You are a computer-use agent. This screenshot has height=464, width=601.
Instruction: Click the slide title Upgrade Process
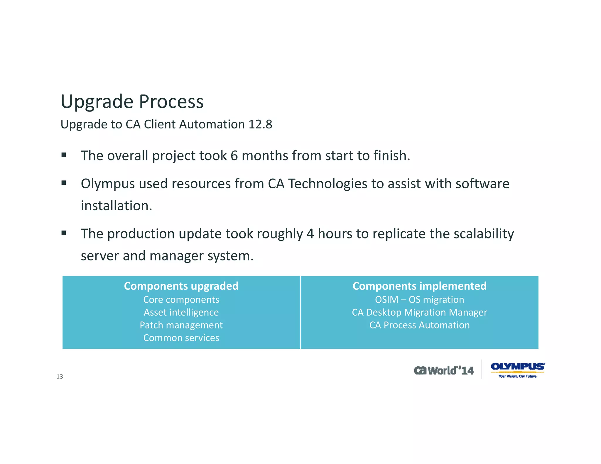(132, 102)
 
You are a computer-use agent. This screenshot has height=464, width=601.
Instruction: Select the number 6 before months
(234, 156)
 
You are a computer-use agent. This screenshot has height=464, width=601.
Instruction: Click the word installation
(116, 206)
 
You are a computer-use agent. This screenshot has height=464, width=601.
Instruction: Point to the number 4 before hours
(310, 234)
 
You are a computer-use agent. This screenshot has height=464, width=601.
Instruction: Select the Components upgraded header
(181, 286)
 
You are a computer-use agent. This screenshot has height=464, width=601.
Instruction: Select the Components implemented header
(419, 286)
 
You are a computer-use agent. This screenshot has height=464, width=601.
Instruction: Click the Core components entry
(181, 300)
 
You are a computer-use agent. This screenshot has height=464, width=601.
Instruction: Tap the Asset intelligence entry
(181, 312)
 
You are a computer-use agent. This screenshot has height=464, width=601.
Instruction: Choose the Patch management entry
(181, 325)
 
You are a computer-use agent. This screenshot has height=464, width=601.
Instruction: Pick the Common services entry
(181, 338)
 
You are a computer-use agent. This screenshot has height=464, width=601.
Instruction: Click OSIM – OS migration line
(419, 300)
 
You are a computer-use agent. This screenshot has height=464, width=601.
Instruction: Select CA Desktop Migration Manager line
(419, 312)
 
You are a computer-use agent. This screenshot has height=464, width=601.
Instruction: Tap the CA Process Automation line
(419, 325)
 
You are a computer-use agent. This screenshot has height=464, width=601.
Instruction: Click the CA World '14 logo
(444, 370)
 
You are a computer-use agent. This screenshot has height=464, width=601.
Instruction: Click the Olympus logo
(517, 370)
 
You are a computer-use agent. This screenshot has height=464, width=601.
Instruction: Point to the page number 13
(60, 377)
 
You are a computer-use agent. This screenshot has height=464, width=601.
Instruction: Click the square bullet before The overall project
(64, 155)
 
